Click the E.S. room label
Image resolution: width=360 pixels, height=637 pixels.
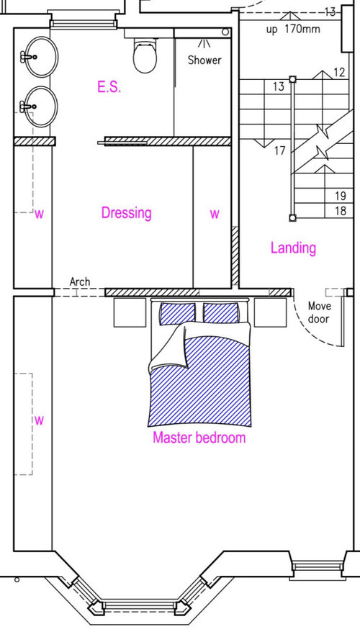coord(109,86)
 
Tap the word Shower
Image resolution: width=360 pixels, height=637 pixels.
coord(204,60)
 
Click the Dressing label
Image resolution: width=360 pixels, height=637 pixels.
coord(127,213)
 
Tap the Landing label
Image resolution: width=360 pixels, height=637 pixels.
coord(293,248)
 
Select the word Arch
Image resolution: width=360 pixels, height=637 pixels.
coord(80,281)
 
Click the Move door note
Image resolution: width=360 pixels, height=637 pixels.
coord(320,312)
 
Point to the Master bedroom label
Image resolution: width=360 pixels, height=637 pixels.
coord(199,438)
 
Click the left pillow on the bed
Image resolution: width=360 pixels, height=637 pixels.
coord(178,313)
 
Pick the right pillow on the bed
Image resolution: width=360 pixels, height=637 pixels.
coord(221,313)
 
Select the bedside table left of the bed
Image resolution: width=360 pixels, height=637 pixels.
coord(130,312)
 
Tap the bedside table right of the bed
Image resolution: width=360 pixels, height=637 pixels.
coord(270,312)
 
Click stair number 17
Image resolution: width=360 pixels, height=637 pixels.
coord(279,150)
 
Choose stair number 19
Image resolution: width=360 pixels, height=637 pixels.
coord(341,196)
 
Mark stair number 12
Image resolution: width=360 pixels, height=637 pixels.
coord(339,73)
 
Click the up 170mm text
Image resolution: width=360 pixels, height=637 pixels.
coord(293,30)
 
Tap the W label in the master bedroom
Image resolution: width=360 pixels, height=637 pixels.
coord(39,420)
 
